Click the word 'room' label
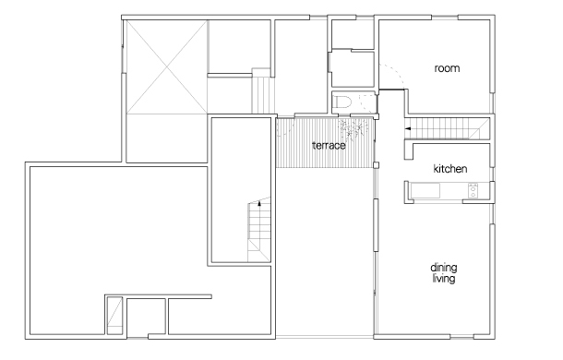447,68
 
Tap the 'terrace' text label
329,146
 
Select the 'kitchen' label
450,169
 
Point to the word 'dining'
444,268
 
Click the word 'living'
444,279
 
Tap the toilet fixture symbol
341,102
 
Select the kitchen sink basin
425,190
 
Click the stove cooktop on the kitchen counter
473,190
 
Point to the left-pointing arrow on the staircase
408,128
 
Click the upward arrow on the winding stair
259,204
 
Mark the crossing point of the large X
167,66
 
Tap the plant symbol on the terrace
353,129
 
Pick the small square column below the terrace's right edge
376,165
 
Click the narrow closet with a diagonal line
114,316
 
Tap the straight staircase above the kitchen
448,128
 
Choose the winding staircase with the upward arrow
258,230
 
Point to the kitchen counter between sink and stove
454,190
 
